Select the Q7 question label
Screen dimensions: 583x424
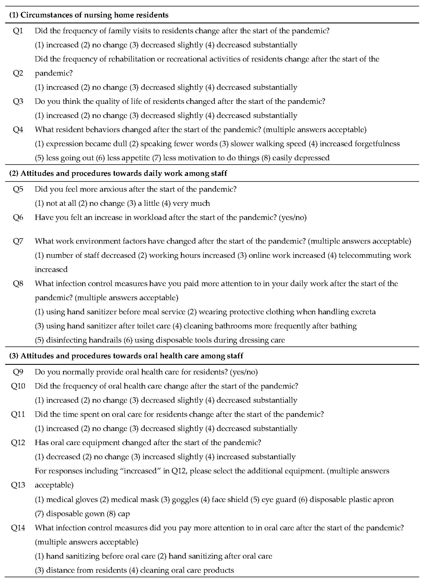(18, 241)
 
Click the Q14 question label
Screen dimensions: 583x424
(18, 528)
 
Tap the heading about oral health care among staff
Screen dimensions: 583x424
(126, 356)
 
